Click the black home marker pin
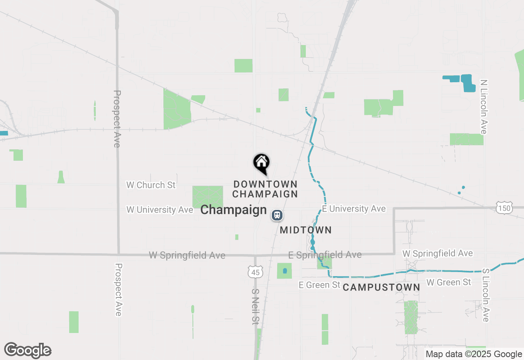click(261, 162)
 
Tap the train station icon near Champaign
click(277, 215)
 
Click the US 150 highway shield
click(504, 208)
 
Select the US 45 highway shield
click(255, 272)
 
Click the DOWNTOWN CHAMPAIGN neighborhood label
click(265, 189)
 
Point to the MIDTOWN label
click(305, 230)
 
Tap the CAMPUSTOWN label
click(381, 288)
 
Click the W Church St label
click(151, 185)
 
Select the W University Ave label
click(159, 209)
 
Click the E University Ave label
click(354, 209)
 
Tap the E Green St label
click(319, 285)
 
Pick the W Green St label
click(449, 282)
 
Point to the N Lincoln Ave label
click(484, 106)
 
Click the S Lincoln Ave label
click(486, 295)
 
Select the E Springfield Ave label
click(325, 255)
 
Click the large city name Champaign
click(233, 210)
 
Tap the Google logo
click(28, 351)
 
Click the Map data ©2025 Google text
click(474, 354)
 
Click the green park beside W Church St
click(208, 196)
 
